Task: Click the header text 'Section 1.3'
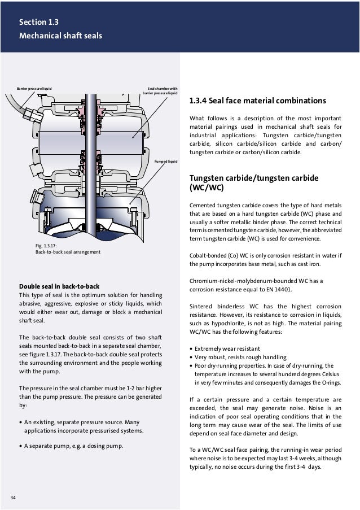38,23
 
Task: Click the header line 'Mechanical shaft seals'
60,36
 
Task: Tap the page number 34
14,497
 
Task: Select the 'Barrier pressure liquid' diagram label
34,89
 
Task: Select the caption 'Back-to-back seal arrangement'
68,252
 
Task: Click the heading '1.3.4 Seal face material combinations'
257,102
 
